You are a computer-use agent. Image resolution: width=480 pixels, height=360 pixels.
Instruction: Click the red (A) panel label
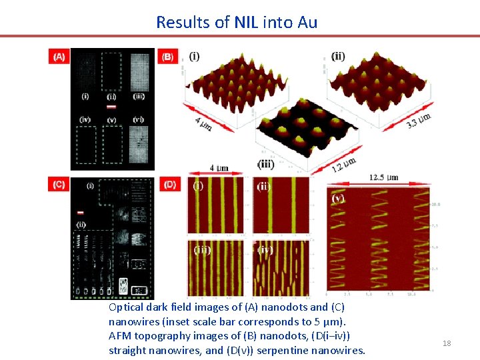click(x=59, y=57)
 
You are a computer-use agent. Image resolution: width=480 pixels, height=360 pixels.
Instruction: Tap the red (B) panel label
click(x=167, y=57)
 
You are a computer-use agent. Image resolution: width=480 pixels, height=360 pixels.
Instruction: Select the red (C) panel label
click(x=59, y=185)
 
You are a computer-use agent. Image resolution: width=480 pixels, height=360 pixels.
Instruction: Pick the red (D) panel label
click(x=170, y=185)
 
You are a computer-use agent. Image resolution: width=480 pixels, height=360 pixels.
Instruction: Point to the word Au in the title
click(x=306, y=22)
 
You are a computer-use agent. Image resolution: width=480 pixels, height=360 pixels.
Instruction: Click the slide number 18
click(x=447, y=343)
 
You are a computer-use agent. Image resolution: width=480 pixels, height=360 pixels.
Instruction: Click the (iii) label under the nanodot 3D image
click(x=266, y=165)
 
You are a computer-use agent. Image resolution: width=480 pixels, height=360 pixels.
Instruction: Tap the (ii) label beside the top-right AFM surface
click(x=338, y=57)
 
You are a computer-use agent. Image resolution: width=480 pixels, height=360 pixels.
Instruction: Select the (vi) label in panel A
click(x=139, y=119)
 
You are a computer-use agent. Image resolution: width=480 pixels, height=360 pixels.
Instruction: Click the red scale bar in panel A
click(x=111, y=107)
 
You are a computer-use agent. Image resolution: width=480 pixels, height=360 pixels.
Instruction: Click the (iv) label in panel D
click(x=265, y=250)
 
